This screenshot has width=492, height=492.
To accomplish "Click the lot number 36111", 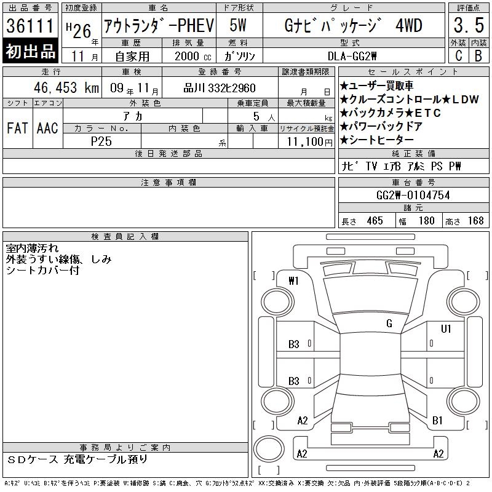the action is (30, 26).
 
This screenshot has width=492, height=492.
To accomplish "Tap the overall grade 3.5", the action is (469, 25).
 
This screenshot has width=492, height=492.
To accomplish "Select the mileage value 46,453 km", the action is (66, 87).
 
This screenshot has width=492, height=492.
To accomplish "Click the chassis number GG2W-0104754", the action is (413, 196).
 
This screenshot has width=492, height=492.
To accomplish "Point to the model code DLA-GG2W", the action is (352, 56).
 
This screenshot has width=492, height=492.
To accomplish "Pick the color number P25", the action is (101, 141).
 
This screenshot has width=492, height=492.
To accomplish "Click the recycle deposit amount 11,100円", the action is (310, 142).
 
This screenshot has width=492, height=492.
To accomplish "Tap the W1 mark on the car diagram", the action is (294, 281).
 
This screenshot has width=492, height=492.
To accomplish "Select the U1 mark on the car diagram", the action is (446, 328).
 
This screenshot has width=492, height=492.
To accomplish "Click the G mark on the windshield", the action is (389, 323).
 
